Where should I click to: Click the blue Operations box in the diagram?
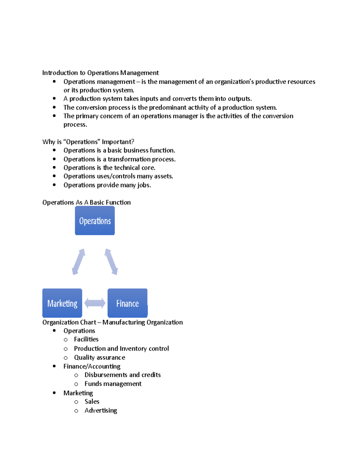(95, 221)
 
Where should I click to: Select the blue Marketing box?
(62, 303)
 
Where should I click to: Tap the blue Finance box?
(127, 303)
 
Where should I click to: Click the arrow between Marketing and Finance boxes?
(95, 303)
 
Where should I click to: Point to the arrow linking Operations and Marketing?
(79, 262)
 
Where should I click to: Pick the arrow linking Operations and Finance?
(111, 262)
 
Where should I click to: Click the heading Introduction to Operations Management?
(100, 73)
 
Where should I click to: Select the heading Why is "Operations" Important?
(88, 142)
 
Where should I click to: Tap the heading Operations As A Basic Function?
(86, 203)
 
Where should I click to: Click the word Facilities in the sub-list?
(86, 339)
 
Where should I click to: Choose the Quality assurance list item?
(100, 357)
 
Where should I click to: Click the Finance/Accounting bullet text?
(92, 366)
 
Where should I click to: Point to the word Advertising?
(101, 410)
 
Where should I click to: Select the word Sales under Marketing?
(92, 401)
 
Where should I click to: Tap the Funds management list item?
(113, 384)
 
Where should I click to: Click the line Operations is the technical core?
(109, 168)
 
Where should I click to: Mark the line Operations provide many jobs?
(107, 185)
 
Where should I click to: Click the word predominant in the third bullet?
(168, 107)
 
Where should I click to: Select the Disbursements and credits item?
(122, 375)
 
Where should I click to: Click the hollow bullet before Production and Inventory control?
(66, 349)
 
